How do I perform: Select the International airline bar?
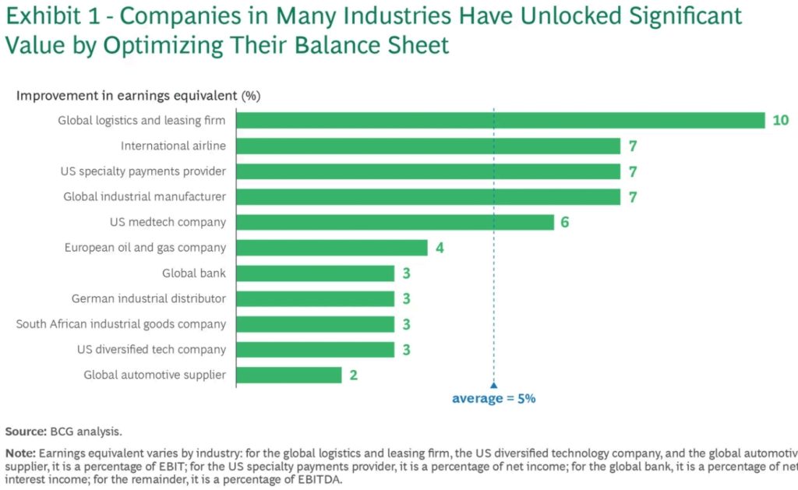tap(428, 146)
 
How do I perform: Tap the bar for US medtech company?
tap(394, 222)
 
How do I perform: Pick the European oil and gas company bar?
tap(331, 248)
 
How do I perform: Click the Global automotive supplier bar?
tap(288, 375)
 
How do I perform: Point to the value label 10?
tap(781, 120)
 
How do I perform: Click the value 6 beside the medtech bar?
tap(565, 222)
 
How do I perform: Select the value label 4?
tap(439, 248)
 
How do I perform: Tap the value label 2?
tap(353, 375)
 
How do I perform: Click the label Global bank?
tap(194, 273)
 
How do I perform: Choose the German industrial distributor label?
tap(148, 298)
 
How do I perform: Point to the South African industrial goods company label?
tap(121, 324)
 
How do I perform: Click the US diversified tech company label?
tap(151, 350)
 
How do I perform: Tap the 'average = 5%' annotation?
tap(493, 398)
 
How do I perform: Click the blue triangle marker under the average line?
tap(493, 384)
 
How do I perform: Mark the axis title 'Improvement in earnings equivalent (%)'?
tap(139, 96)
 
